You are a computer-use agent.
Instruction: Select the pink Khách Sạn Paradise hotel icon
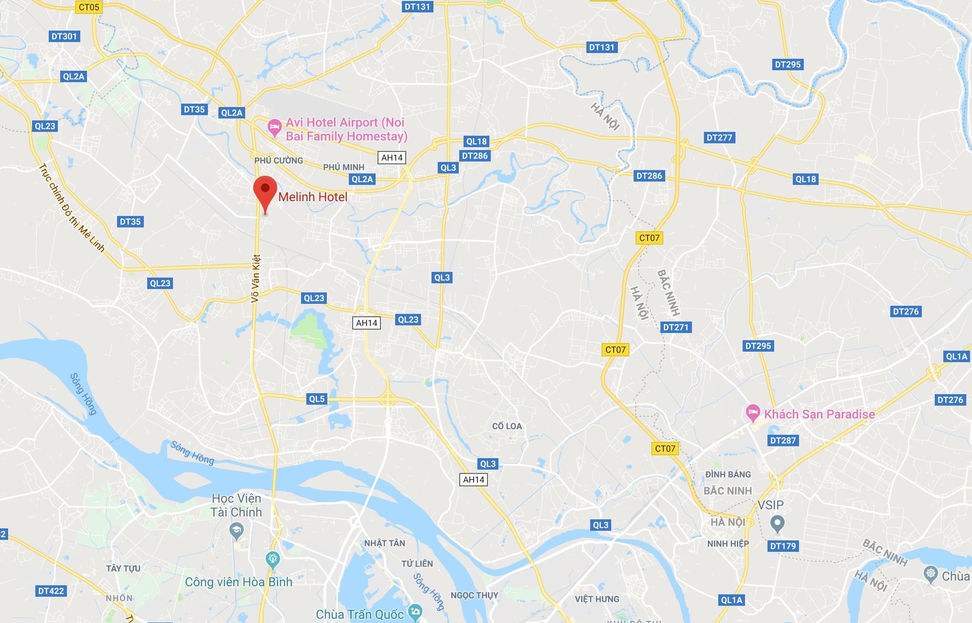point(753,413)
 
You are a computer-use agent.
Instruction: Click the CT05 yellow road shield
point(89,7)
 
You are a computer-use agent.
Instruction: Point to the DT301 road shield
point(64,36)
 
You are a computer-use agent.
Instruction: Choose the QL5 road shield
point(317,399)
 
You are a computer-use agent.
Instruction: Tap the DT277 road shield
point(719,138)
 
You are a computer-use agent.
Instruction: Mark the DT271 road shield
point(676,327)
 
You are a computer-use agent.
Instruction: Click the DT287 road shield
point(783,440)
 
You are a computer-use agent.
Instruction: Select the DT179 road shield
point(783,546)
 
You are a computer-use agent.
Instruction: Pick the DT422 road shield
point(51,591)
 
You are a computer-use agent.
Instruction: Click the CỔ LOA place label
point(507,426)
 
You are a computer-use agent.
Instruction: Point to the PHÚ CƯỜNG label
point(279,161)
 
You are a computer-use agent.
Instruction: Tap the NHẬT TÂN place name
point(384,543)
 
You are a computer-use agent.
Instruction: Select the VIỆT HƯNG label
point(597,599)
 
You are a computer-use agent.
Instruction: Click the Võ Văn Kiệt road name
point(256,278)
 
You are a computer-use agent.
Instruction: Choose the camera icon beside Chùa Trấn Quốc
point(415,611)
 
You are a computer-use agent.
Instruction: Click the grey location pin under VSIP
point(778,524)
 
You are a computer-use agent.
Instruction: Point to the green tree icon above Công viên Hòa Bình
point(273,559)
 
